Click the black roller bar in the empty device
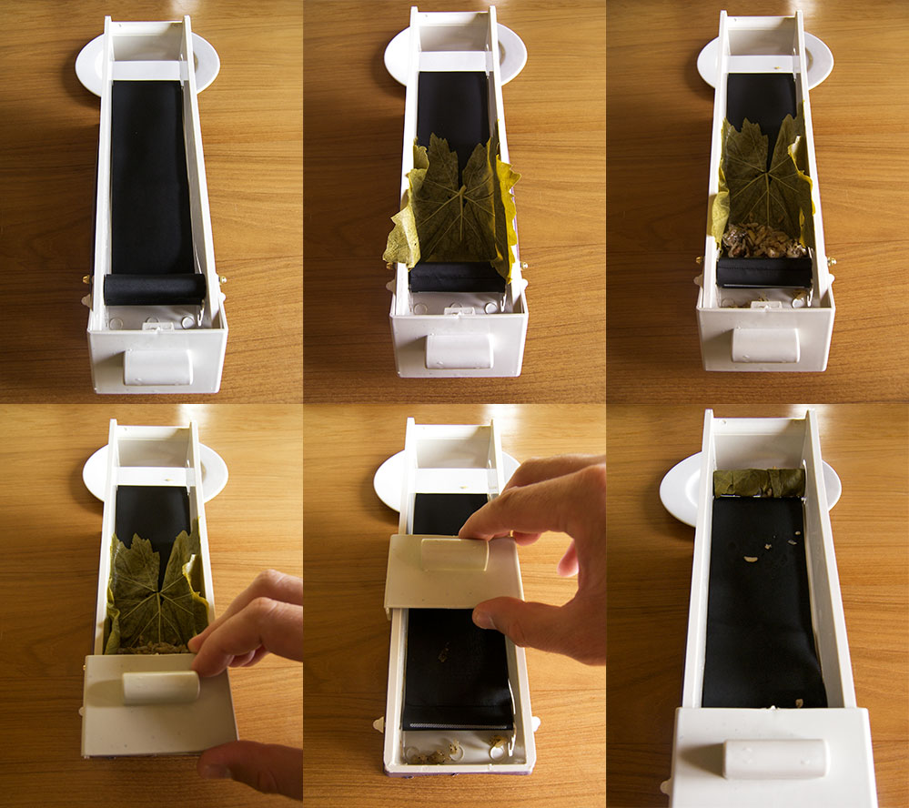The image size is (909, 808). click(154, 289)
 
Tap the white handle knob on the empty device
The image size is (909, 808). click(158, 366)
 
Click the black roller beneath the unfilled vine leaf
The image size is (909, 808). click(457, 278)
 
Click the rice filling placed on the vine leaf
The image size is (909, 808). click(763, 240)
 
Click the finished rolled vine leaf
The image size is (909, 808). click(758, 482)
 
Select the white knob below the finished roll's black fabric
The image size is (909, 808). click(773, 758)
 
